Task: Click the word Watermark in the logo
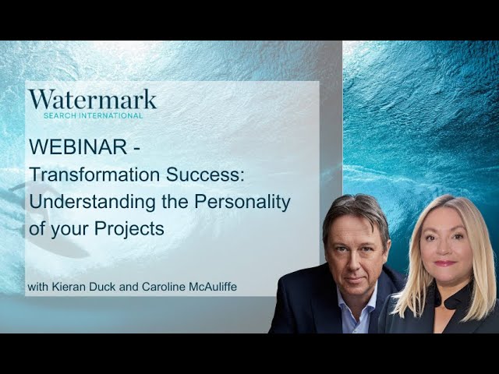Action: [92, 99]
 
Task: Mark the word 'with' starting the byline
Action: [37, 288]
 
